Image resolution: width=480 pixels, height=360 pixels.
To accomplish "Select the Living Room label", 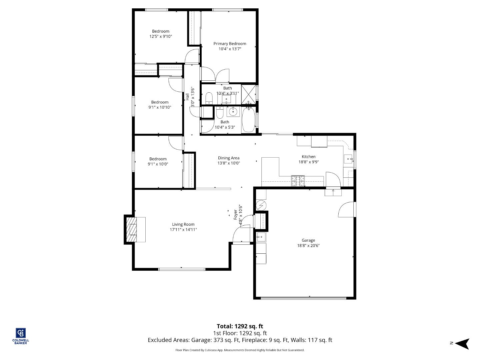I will pyautogui.click(x=183, y=224).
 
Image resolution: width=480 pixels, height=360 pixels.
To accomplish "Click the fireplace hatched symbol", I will pyautogui.click(x=132, y=230).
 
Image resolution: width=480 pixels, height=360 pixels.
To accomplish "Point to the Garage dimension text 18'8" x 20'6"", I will pyautogui.click(x=308, y=246).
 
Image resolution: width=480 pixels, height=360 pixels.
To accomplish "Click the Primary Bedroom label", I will pyautogui.click(x=230, y=44).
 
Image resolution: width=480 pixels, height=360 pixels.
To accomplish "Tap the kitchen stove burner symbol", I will pyautogui.click(x=298, y=180).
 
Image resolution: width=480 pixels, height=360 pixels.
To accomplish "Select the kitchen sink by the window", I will pyautogui.click(x=348, y=159).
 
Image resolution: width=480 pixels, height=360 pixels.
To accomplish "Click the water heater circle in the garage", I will pyautogui.click(x=261, y=205).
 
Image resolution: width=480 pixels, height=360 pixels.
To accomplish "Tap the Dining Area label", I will pyautogui.click(x=229, y=158).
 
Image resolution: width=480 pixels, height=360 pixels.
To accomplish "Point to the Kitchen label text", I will pyautogui.click(x=308, y=157).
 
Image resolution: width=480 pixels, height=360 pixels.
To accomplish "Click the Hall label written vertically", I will pyautogui.click(x=188, y=97).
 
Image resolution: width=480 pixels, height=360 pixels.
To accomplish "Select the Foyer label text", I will pyautogui.click(x=235, y=214).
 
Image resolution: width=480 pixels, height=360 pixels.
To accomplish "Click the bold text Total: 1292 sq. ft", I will pyautogui.click(x=240, y=326).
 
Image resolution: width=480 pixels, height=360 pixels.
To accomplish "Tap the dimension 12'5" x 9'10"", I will pyautogui.click(x=161, y=37).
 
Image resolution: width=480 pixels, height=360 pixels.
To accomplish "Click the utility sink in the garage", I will pyautogui.click(x=261, y=237).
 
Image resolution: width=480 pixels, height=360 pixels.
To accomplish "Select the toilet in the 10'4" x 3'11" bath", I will pyautogui.click(x=209, y=98).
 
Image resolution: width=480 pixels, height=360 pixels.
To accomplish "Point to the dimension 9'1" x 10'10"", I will pyautogui.click(x=160, y=107).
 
